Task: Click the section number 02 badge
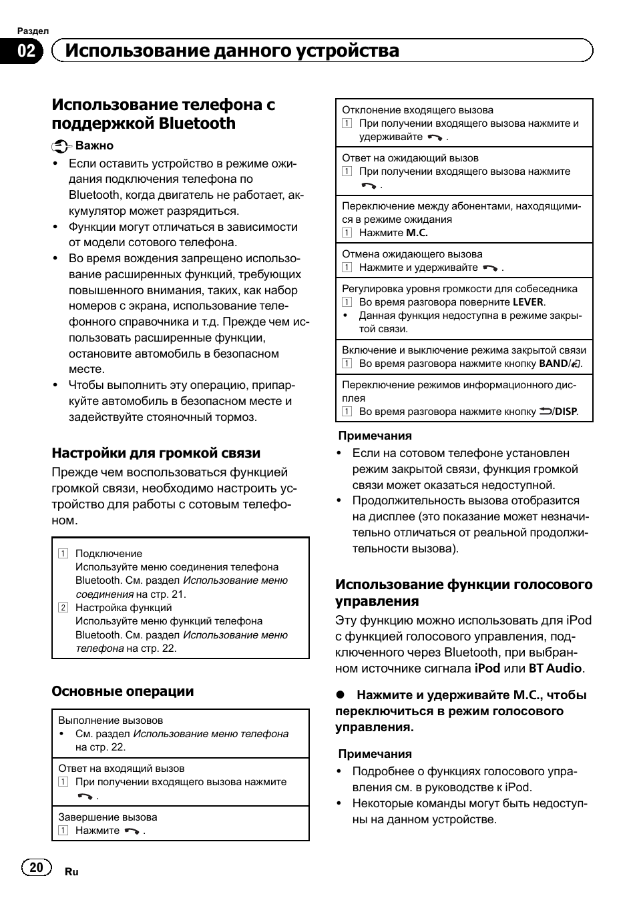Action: pos(26,51)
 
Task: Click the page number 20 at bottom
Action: pos(36,867)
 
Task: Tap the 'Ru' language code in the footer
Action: pos(71,872)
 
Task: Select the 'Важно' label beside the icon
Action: pos(94,145)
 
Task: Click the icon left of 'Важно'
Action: pos(61,146)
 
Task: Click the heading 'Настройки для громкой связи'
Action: pos(156,453)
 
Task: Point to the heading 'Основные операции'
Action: pos(122,691)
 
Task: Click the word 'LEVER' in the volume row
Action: pos(528,302)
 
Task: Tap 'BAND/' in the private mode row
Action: pos(555,364)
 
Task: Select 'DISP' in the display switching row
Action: pos(566,412)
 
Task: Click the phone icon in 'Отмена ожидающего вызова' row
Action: pos(490,268)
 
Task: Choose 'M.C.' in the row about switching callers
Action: pos(417,233)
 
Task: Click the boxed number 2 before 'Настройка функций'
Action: pos(63,608)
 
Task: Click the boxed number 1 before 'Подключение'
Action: pos(63,554)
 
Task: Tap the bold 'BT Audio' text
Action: pos(556,668)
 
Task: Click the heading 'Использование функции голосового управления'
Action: pos(463,592)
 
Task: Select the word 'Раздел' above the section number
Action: pos(33,31)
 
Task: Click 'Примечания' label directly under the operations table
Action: pos(375,436)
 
